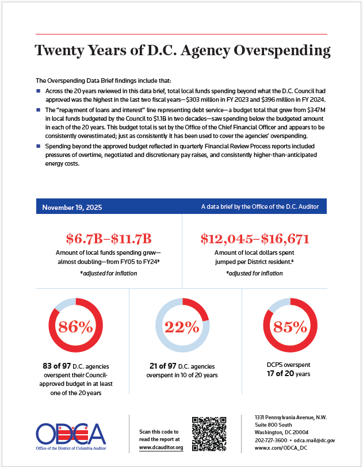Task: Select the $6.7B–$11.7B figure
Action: pyautogui.click(x=109, y=238)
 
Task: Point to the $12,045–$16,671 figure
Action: pyautogui.click(x=255, y=238)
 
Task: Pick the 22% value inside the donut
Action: pyautogui.click(x=182, y=327)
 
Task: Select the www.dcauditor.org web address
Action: pyautogui.click(x=161, y=447)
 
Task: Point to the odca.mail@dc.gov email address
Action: pyautogui.click(x=315, y=440)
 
